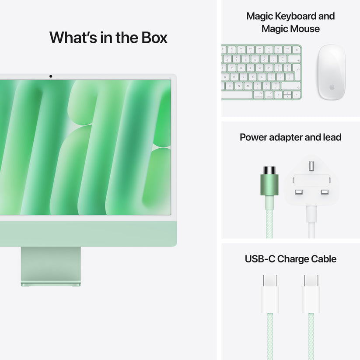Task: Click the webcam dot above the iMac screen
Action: [51, 77]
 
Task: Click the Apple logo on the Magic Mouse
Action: [332, 87]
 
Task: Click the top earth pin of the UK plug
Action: [311, 166]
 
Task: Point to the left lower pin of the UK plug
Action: [299, 192]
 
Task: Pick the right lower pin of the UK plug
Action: [324, 192]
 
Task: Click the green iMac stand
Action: [51, 266]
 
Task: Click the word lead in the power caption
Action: [332, 137]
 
